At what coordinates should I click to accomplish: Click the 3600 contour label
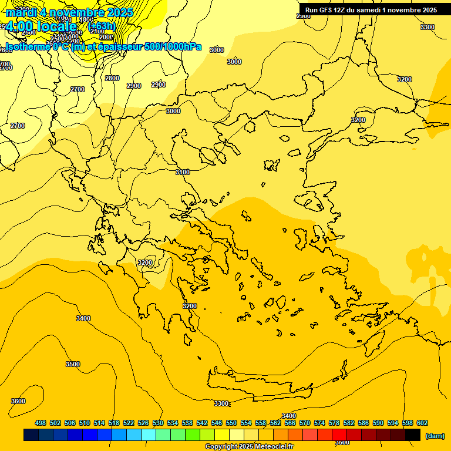click(18, 401)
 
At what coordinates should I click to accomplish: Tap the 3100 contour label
click(183, 172)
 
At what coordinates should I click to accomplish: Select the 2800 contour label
click(112, 78)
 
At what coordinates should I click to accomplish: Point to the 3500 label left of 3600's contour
click(73, 364)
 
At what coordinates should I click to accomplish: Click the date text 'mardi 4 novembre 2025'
click(69, 12)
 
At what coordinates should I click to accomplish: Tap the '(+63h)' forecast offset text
click(102, 26)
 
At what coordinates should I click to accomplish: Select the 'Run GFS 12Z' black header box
click(371, 9)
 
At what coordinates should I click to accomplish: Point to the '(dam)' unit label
click(435, 435)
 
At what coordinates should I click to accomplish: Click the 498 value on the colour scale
click(41, 423)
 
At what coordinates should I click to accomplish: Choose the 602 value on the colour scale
click(422, 423)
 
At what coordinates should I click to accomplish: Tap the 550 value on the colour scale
click(231, 423)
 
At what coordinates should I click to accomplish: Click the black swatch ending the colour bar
click(413, 435)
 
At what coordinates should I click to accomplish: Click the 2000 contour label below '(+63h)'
click(106, 37)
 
